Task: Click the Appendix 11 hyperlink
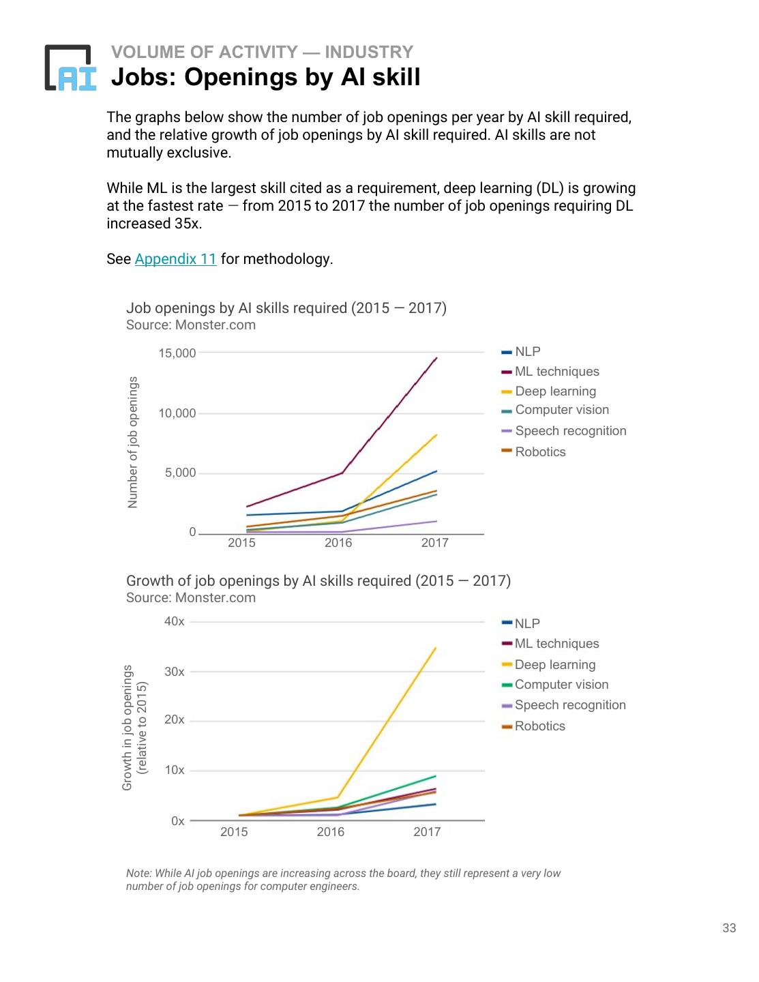[175, 259]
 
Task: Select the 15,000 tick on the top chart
[177, 353]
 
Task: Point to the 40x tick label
[175, 621]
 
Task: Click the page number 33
[729, 928]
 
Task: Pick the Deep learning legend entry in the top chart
[555, 391]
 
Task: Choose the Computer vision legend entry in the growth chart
[561, 685]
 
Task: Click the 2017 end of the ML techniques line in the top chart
[436, 358]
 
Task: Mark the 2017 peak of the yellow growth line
[435, 648]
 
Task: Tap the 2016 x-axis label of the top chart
[338, 543]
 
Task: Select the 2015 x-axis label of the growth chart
[234, 832]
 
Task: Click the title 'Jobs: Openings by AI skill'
[265, 77]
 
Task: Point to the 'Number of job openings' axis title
[133, 442]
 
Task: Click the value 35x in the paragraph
[188, 224]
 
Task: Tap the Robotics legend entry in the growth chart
[539, 726]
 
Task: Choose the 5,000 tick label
[180, 473]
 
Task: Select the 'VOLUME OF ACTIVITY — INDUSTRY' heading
[262, 52]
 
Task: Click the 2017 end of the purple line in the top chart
[436, 521]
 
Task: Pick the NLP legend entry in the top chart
[527, 352]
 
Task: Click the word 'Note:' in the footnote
[138, 874]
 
